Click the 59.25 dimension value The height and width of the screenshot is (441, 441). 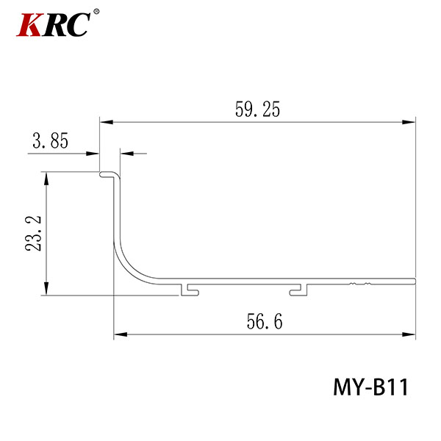pos(257,109)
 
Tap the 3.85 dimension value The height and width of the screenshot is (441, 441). pos(50,140)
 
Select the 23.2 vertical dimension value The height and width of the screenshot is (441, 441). pos(33,234)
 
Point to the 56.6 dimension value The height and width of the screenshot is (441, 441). pos(265,321)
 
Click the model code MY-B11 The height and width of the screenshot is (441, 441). pos(370,387)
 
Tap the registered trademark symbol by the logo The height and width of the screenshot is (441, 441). pos(96,12)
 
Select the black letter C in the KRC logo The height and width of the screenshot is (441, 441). pos(77,24)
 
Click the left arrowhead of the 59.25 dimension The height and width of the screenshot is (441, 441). pos(107,122)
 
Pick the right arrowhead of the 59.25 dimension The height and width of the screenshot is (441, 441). pos(409,122)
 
